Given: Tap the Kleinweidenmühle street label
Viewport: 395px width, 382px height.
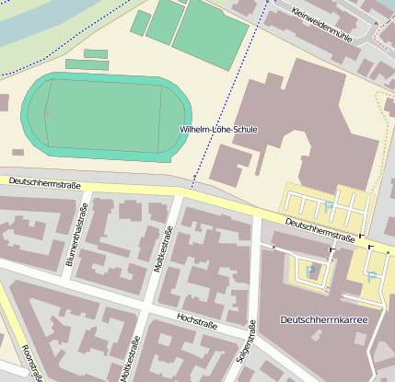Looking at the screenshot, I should tap(321, 25).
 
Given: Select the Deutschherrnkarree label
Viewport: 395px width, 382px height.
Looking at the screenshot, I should tap(323, 319).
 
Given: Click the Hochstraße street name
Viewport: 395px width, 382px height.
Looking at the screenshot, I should tap(196, 322).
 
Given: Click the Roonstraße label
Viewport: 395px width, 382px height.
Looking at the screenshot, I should tap(32, 362).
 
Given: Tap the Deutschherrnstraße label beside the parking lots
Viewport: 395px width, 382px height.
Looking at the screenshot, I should tap(319, 231).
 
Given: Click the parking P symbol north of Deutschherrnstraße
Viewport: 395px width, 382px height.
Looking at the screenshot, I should tap(328, 207).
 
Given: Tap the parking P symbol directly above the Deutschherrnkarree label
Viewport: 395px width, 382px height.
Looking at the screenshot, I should tap(372, 276).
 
